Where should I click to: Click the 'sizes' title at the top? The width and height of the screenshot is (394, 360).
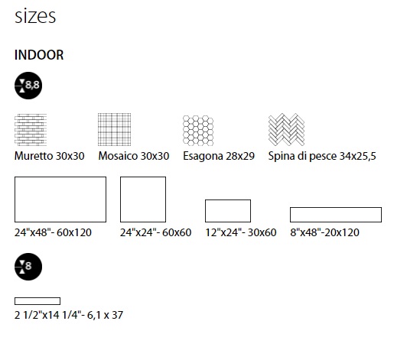(x=35, y=16)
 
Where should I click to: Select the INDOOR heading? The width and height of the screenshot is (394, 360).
(x=39, y=55)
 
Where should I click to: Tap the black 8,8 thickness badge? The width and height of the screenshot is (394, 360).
(x=28, y=86)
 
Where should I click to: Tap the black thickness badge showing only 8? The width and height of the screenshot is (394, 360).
(x=28, y=267)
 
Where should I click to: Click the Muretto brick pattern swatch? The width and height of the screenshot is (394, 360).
(x=31, y=130)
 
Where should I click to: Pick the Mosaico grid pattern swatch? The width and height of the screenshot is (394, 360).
(x=114, y=130)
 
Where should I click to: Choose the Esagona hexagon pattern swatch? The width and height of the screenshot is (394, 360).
(x=198, y=131)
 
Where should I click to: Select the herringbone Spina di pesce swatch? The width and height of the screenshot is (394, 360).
(x=286, y=130)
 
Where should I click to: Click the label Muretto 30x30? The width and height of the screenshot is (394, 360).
(x=50, y=156)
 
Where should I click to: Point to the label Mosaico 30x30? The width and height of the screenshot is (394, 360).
(x=134, y=156)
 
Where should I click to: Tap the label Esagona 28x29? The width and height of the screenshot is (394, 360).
(x=219, y=156)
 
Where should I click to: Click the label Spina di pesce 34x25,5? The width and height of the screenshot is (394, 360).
(x=322, y=156)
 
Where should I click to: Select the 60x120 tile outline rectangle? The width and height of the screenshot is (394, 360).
(x=60, y=177)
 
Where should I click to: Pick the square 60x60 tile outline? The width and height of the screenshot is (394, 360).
(x=143, y=177)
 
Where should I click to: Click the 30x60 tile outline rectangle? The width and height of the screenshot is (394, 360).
(x=228, y=200)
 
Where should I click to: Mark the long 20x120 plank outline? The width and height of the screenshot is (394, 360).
(x=336, y=208)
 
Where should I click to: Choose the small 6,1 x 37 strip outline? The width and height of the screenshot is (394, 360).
(x=37, y=297)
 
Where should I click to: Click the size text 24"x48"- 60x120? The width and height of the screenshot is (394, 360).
(x=53, y=232)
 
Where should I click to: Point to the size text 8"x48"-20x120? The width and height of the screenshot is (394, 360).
(x=324, y=232)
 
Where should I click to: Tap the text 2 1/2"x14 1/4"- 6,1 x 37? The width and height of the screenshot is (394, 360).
(x=69, y=315)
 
